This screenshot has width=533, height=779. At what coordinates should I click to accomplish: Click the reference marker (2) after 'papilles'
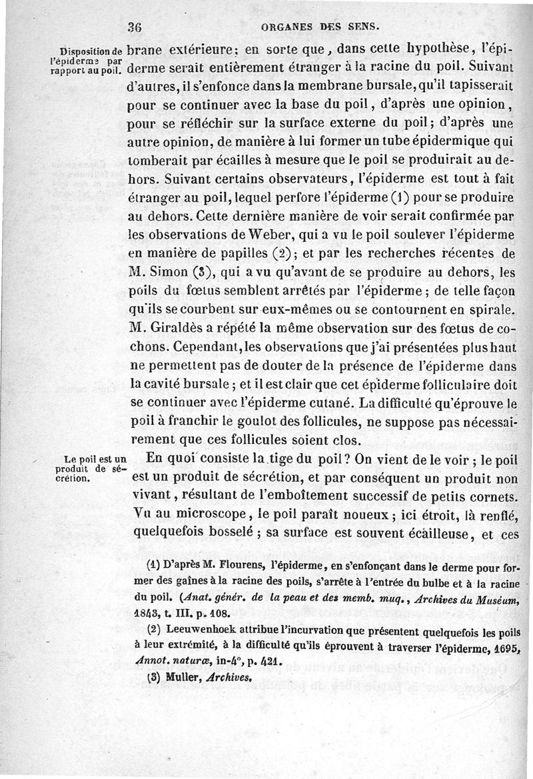290,254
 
